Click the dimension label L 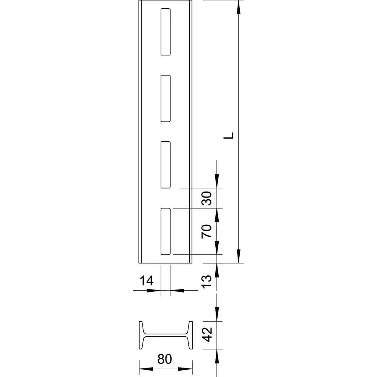(231, 136)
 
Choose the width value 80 (166, 359)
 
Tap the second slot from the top (166, 98)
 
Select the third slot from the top (166, 164)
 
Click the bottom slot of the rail (166, 231)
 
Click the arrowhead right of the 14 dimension (175, 290)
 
